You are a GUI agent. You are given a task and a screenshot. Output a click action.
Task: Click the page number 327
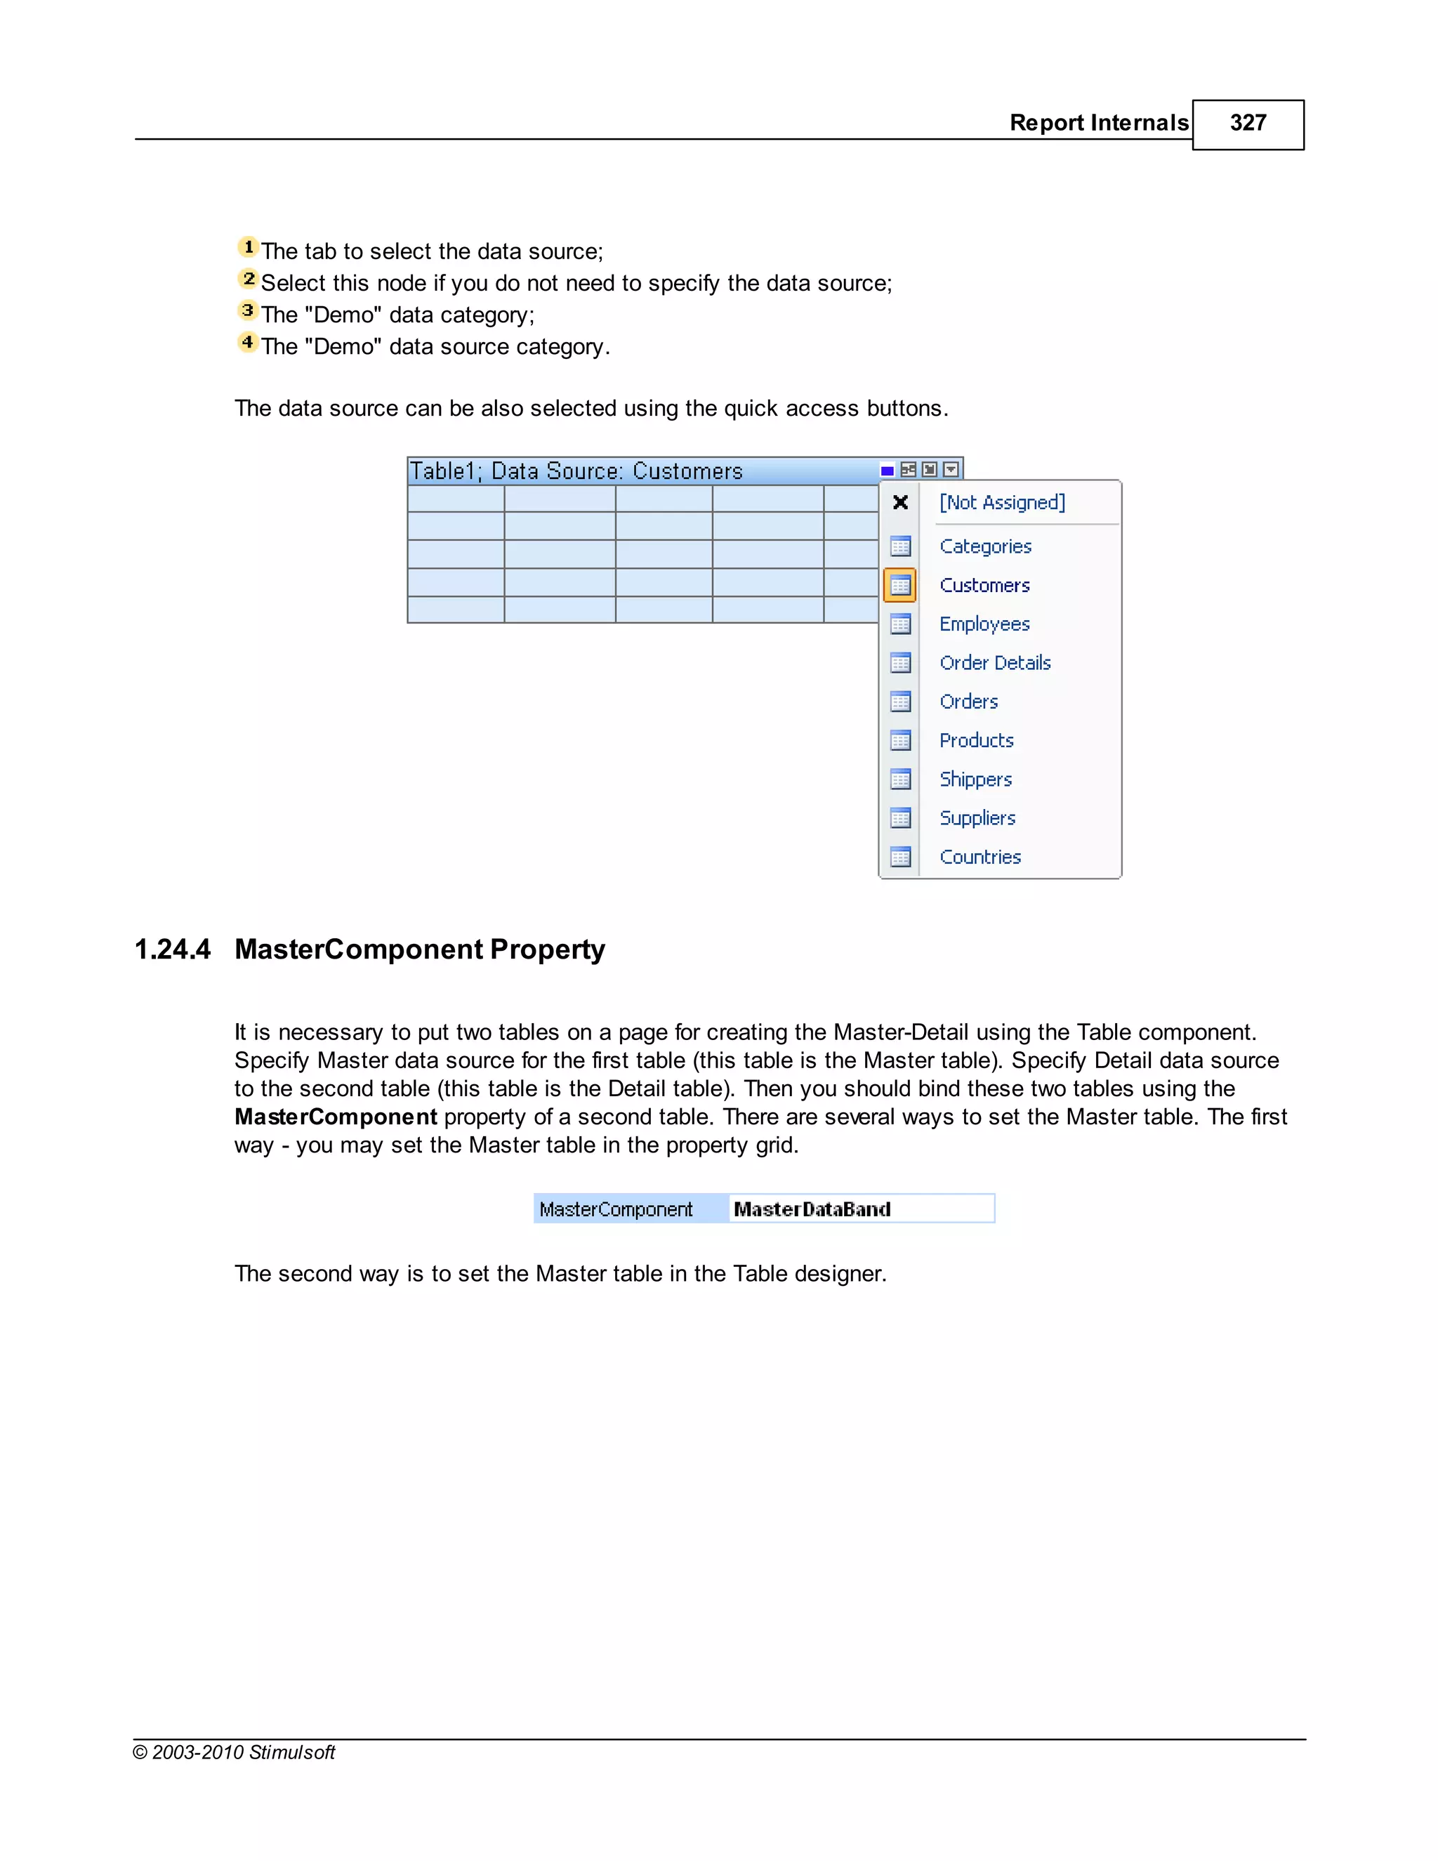[1247, 124]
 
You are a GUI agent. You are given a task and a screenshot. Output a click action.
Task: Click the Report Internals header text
[1098, 124]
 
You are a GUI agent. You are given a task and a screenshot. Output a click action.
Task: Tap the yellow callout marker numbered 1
[248, 247]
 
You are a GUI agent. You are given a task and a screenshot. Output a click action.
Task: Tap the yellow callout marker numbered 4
[248, 343]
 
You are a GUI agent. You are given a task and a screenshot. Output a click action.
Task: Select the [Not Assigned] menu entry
[1002, 503]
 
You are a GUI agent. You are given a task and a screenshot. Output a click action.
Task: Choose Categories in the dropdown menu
[985, 546]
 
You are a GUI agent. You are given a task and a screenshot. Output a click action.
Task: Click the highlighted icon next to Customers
[899, 586]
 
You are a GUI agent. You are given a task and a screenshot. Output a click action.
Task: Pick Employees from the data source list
[984, 624]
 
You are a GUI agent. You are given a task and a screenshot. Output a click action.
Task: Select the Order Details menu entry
[994, 663]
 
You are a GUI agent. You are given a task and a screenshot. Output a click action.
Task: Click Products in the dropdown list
[976, 740]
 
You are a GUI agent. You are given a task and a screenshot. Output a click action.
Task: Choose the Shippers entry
[975, 780]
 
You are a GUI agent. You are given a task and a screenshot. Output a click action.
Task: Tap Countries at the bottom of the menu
[979, 857]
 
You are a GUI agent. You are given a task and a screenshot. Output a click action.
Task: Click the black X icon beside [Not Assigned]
[899, 503]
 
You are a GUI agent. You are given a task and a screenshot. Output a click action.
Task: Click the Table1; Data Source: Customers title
[576, 471]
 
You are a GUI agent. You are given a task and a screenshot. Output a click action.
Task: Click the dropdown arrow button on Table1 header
[951, 470]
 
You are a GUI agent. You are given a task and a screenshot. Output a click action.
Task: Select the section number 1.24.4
[172, 949]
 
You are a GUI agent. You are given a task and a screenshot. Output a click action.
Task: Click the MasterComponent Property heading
[419, 949]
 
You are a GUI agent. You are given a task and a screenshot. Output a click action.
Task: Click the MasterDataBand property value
[812, 1209]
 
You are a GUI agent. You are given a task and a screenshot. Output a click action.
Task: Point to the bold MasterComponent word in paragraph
[336, 1117]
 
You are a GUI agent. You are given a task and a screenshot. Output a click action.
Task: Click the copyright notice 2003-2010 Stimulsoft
[235, 1753]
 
